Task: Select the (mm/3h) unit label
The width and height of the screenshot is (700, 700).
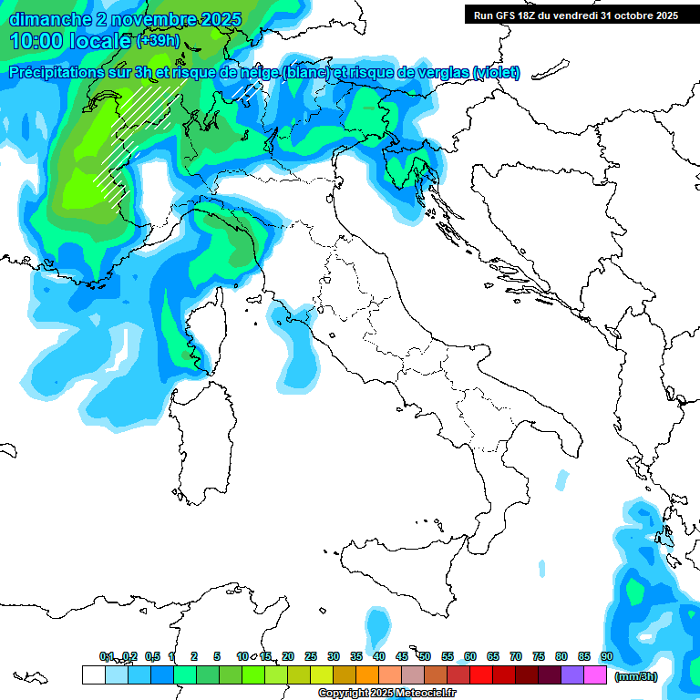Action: coord(636,676)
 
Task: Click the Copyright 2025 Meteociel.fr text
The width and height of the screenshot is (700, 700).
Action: coord(386,694)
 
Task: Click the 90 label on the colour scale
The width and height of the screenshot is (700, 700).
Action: coord(606,656)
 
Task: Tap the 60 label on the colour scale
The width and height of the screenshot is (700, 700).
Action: coord(470,656)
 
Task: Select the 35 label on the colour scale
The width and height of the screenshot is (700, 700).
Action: coord(356,656)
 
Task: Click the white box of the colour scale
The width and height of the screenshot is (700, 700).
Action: coord(93,675)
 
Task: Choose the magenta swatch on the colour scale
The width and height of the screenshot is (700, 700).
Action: coord(595,675)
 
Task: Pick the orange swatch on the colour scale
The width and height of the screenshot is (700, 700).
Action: coord(367,675)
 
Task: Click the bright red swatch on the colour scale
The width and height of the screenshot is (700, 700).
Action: coord(481,675)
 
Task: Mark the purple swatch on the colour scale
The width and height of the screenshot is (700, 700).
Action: coord(572,675)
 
